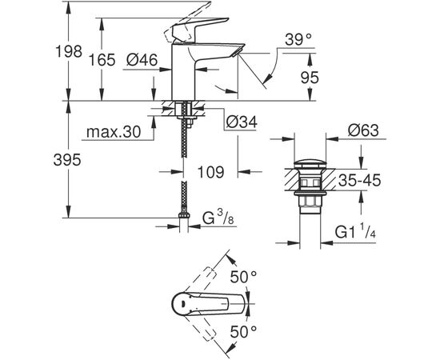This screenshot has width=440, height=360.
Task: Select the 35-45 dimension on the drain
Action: click(358, 180)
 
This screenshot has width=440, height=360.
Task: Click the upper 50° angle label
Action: click(245, 276)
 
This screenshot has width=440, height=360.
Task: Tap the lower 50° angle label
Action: click(245, 330)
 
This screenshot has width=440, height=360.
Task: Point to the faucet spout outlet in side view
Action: click(234, 51)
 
